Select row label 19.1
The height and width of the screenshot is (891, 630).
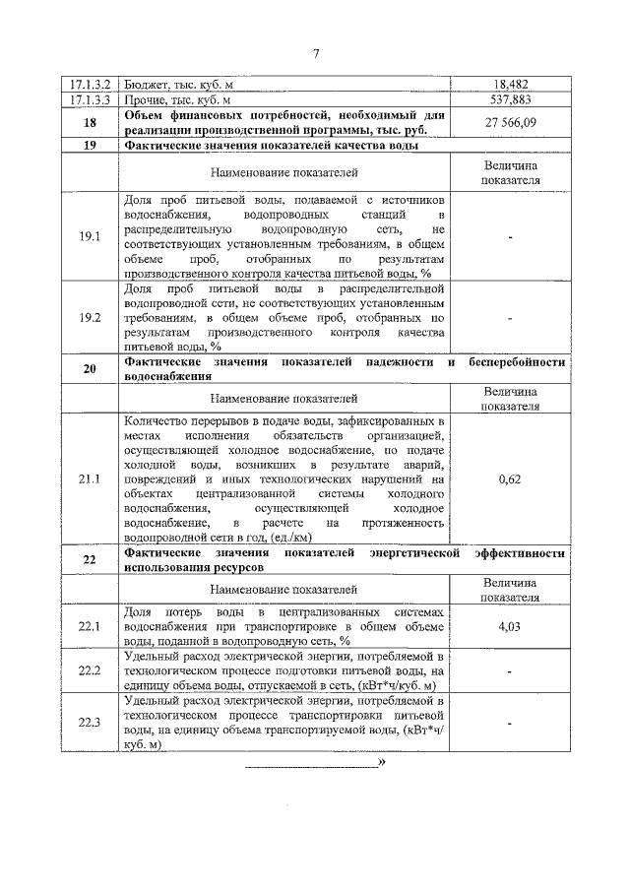click(x=90, y=236)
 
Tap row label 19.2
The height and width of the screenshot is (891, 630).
click(x=90, y=318)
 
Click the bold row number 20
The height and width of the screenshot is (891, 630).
click(x=90, y=368)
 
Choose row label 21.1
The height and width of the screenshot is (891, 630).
click(x=90, y=478)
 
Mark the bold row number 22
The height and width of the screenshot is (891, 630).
click(x=90, y=560)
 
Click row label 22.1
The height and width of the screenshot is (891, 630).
click(x=90, y=626)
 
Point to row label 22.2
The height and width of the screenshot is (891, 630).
click(x=90, y=670)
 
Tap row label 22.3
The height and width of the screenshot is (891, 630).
click(x=90, y=722)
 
